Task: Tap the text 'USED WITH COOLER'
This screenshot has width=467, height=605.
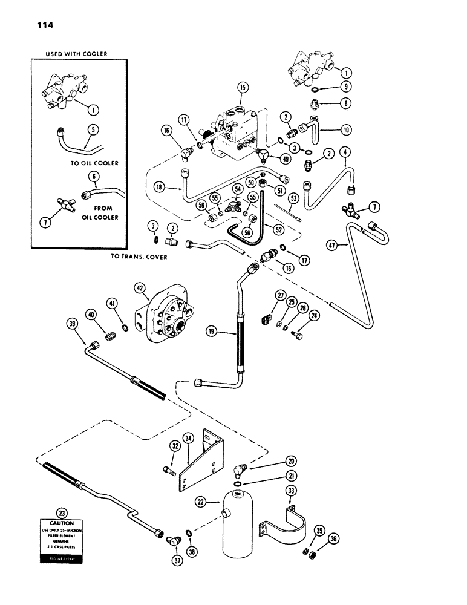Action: pyautogui.click(x=76, y=54)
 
